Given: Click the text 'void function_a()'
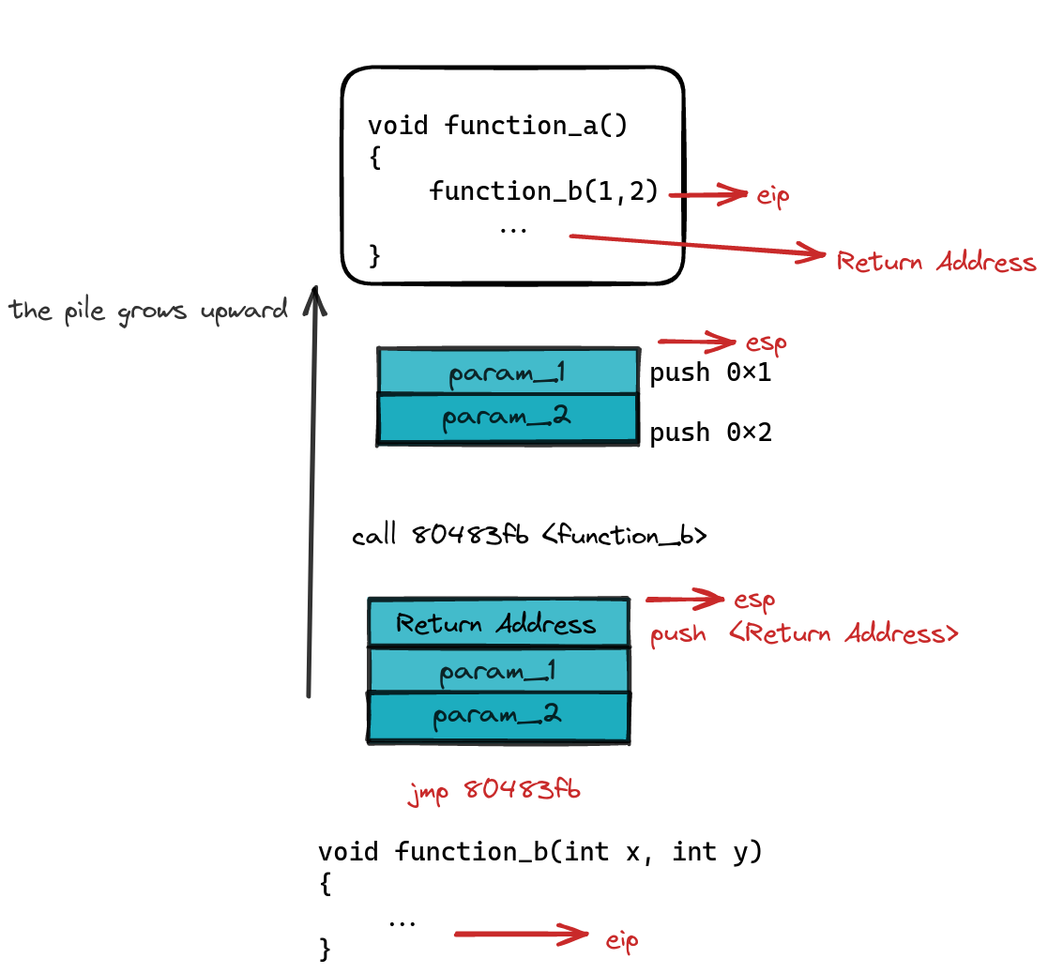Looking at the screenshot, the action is [x=497, y=126].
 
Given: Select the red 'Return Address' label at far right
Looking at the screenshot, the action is [x=935, y=262].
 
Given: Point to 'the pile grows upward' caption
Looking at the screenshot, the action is [x=147, y=312].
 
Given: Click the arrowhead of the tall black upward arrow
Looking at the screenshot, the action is [x=315, y=289].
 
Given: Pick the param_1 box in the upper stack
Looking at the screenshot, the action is [x=509, y=371].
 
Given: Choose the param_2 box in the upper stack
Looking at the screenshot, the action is [x=509, y=419].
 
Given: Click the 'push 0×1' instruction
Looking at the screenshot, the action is [x=710, y=373].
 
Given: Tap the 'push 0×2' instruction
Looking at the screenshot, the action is [x=710, y=433].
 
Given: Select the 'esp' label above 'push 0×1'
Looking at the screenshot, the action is [x=766, y=343].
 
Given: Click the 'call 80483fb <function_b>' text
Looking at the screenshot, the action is [x=528, y=535].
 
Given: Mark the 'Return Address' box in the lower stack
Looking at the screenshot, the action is [x=498, y=622].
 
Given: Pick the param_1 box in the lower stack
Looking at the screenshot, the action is [x=498, y=671].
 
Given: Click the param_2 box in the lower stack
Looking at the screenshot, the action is [x=498, y=717].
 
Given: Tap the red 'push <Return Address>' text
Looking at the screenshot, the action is [x=804, y=633].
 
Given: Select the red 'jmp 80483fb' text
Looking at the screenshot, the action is [x=494, y=791].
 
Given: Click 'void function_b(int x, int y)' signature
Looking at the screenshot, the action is [x=540, y=852].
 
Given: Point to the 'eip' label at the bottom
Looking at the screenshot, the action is [x=622, y=941].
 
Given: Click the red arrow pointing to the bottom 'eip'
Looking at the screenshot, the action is [x=522, y=934].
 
